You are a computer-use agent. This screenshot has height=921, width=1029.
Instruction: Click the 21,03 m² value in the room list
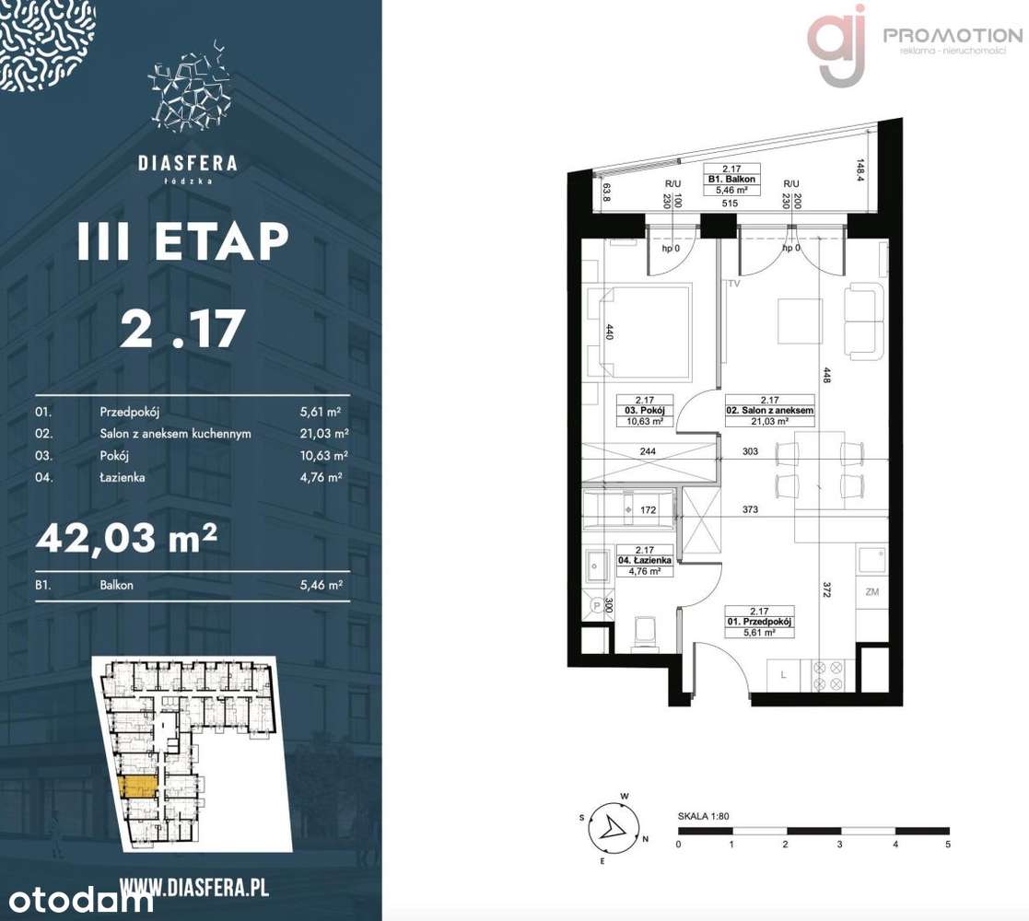(x=327, y=434)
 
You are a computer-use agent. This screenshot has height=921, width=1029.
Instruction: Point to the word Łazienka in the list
(x=123, y=477)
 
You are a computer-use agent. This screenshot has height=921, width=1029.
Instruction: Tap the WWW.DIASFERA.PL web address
(x=193, y=888)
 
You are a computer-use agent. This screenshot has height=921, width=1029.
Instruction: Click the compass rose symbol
(x=610, y=827)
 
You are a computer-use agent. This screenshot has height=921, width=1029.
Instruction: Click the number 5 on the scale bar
(x=947, y=843)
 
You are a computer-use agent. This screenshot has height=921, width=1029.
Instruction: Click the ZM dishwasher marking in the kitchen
(x=871, y=592)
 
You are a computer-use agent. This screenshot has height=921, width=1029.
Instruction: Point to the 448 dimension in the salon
(x=827, y=376)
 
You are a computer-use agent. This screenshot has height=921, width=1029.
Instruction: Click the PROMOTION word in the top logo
(x=953, y=35)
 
